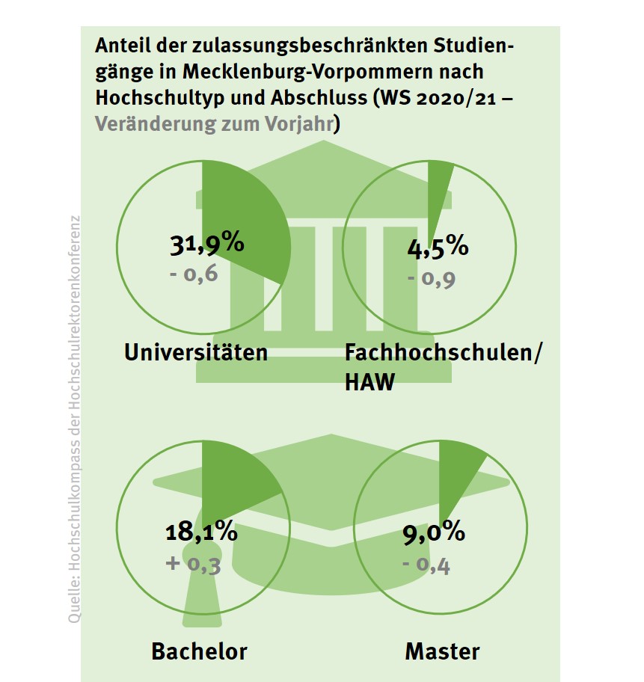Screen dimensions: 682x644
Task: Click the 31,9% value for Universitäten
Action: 203,244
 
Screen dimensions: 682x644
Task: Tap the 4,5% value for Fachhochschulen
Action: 438,246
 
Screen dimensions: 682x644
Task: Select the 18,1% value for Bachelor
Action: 200,533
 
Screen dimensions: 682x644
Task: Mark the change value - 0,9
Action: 432,279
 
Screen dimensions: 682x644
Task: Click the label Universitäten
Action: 196,352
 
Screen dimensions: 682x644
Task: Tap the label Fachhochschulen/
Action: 442,352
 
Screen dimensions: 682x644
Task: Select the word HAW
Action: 369,383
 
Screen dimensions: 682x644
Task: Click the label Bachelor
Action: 199,651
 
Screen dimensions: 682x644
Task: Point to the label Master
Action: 442,651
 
